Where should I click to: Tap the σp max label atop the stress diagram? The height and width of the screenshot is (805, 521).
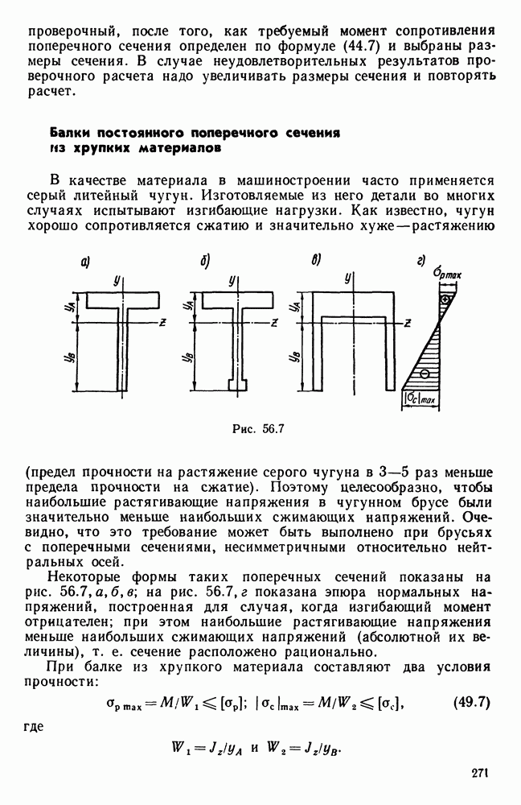(452, 276)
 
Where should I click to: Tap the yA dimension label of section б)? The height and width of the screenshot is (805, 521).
(188, 307)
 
